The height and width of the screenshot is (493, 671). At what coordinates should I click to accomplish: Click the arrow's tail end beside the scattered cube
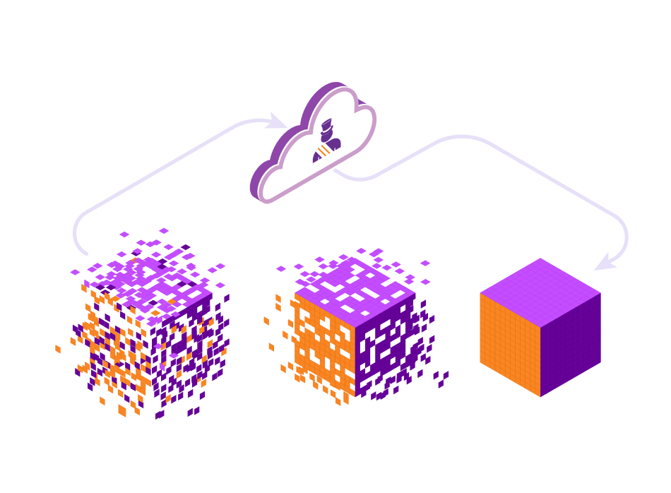point(85,253)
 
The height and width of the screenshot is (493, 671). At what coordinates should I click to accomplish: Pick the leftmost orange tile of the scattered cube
point(58,349)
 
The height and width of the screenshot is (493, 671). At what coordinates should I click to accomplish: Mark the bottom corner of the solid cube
point(540,396)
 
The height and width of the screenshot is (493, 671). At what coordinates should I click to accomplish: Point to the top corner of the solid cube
point(540,259)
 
